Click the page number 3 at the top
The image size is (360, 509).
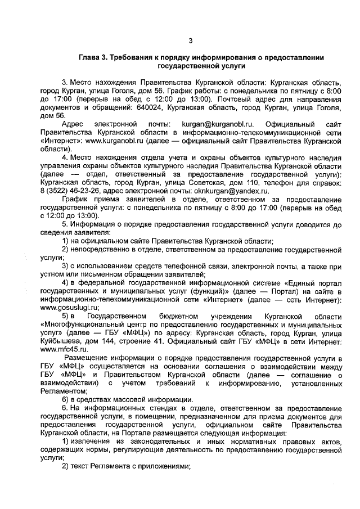coord(190,40)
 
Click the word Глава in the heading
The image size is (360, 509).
coord(89,57)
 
